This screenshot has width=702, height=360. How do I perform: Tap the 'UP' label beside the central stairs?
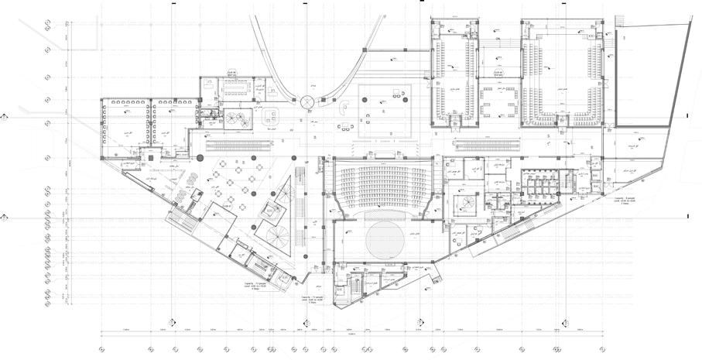[x=306, y=161]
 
